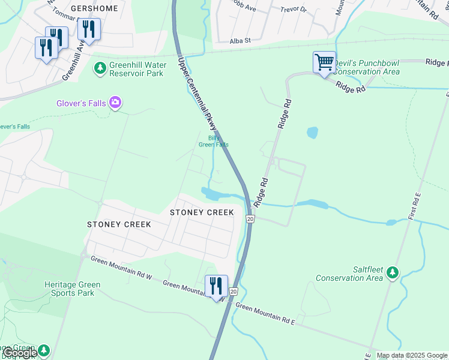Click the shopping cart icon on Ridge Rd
[324, 62]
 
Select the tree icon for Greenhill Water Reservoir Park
[100, 69]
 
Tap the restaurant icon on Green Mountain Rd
[216, 286]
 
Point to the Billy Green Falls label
[214, 141]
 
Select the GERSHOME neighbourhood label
[95, 9]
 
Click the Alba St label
[240, 41]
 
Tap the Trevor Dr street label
[294, 10]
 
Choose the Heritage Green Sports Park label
[72, 289]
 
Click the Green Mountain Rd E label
[265, 314]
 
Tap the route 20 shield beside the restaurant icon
[234, 291]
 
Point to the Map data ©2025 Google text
[412, 355]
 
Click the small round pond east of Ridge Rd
[312, 133]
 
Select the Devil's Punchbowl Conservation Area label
[366, 67]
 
